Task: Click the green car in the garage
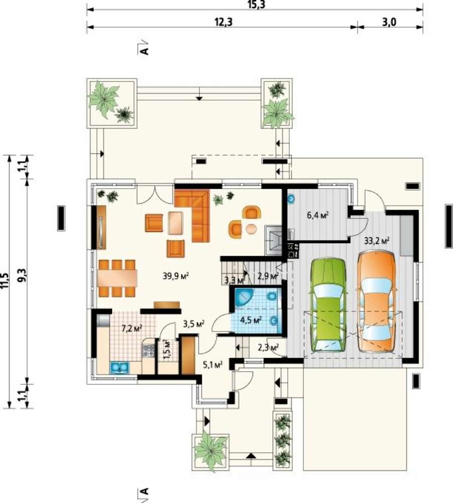pos(328,305)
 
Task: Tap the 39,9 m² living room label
pos(175,276)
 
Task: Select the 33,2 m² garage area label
pos(377,240)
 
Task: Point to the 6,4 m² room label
pos(318,215)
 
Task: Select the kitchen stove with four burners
pos(148,350)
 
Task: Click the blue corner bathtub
pos(244,297)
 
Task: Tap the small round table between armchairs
pos(252,228)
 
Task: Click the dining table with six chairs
pos(117,278)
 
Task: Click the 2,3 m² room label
pos(268,347)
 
